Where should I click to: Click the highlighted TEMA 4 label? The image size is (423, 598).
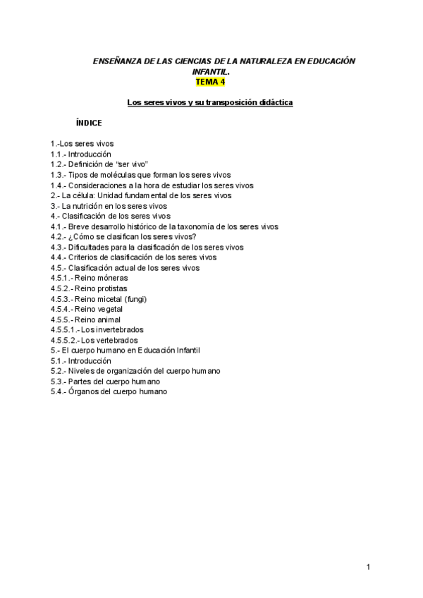[210, 82]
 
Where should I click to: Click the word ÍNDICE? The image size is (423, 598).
[89, 123]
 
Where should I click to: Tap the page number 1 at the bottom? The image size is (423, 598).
[368, 566]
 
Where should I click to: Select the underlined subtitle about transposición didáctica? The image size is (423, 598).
[210, 103]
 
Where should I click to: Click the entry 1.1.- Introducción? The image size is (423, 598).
[81, 154]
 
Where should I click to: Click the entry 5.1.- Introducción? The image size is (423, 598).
[81, 361]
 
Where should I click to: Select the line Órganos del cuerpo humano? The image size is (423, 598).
[109, 392]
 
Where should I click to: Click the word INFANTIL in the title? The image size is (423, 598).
[210, 72]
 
